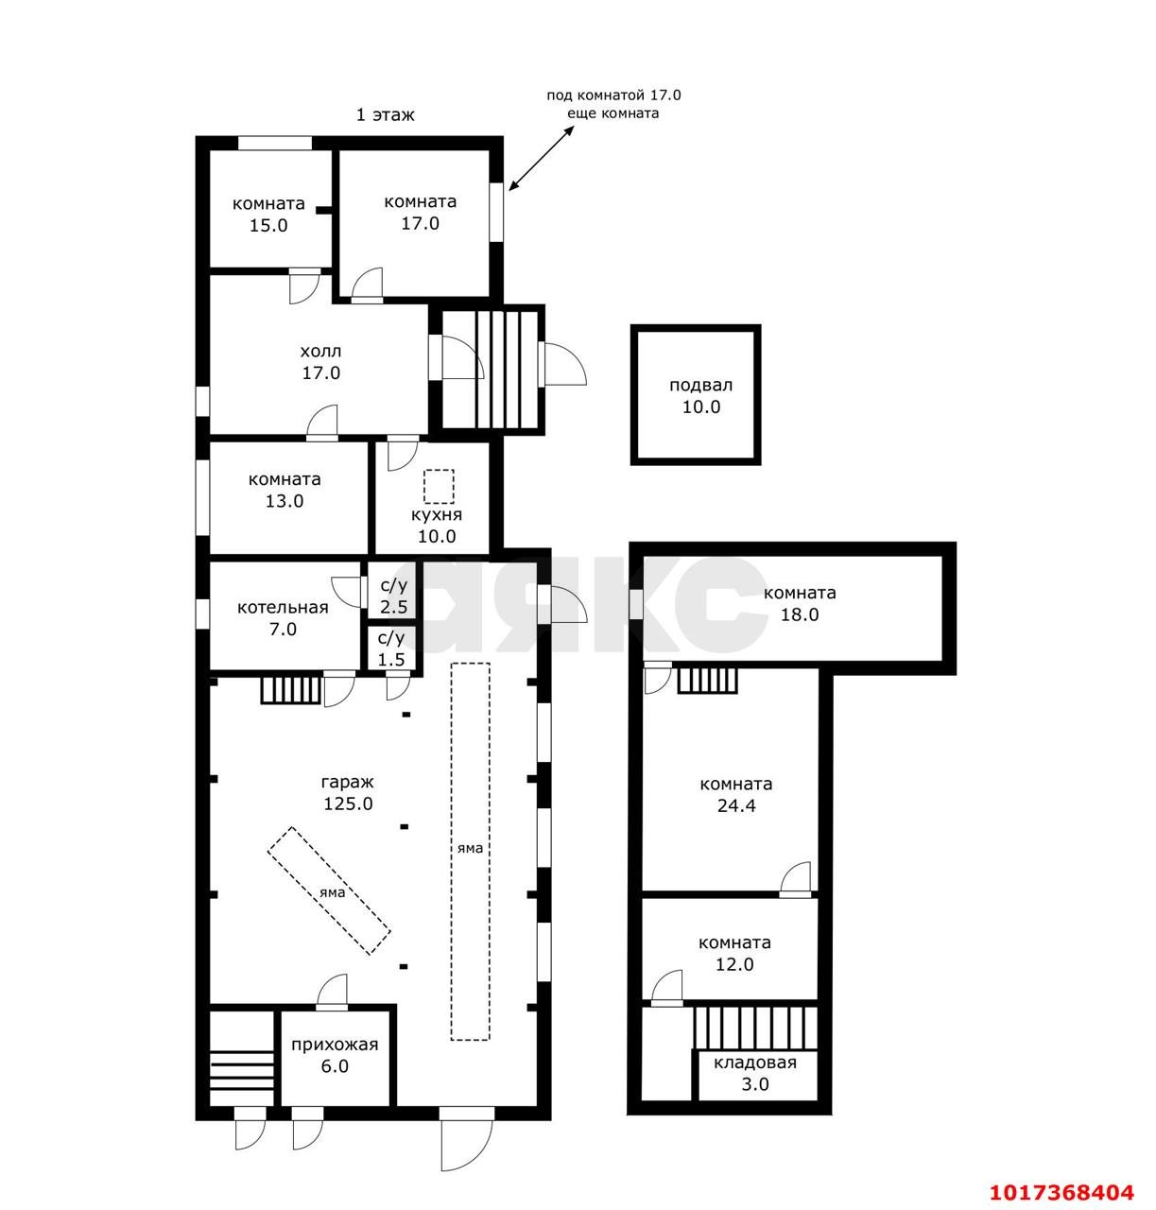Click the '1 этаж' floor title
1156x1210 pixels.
[x=385, y=115]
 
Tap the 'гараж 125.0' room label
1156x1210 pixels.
[x=348, y=793]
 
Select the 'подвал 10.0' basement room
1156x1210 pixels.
[x=696, y=395]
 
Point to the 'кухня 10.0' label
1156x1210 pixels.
[x=436, y=525]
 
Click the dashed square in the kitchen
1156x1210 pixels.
[x=439, y=486]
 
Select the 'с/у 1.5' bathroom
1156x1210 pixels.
[x=391, y=648]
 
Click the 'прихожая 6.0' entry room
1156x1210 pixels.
[x=335, y=1055]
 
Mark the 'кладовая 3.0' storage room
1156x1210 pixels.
[x=754, y=1073]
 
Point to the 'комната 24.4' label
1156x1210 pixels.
[x=735, y=795]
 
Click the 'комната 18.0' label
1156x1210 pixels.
[x=799, y=604]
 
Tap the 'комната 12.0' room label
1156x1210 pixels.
[x=734, y=953]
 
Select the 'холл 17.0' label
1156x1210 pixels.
[x=320, y=362]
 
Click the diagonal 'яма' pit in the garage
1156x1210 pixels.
[x=329, y=890]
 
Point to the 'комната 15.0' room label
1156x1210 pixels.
[x=268, y=215]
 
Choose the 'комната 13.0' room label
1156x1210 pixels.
[x=285, y=490]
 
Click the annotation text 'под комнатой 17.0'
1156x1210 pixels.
[x=613, y=95]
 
